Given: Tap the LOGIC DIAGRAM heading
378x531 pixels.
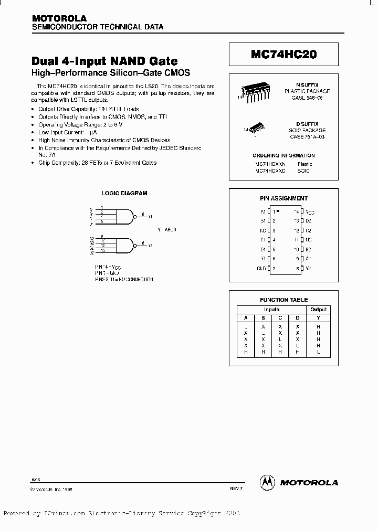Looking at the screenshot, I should (124, 193).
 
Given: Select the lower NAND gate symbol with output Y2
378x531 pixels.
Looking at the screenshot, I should (127, 245).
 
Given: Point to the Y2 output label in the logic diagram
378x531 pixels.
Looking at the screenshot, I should (150, 245).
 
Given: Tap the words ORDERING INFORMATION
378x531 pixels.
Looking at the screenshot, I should (283, 156).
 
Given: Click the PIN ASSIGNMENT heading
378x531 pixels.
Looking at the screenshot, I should (284, 198).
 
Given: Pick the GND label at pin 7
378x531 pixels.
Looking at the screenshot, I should (261, 268).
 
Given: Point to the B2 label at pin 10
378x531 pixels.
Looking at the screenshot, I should (309, 249).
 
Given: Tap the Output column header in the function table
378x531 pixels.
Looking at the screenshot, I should (318, 310).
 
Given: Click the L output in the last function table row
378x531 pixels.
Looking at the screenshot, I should (318, 352).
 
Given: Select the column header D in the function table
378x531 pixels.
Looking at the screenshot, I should (298, 318).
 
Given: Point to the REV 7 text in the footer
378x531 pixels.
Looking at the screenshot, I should (236, 488).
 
